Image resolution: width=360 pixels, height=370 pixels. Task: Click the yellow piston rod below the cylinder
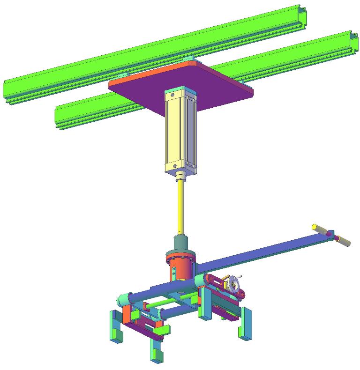(x=181, y=206)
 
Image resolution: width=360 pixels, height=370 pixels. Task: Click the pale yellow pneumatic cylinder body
(x=176, y=131)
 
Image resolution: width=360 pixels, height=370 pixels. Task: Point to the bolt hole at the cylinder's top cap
(x=172, y=95)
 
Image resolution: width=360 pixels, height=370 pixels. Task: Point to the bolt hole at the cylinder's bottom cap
(x=173, y=165)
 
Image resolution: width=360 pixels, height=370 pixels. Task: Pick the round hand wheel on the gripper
(x=233, y=284)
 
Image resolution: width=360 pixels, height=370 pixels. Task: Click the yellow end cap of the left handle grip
(x=315, y=227)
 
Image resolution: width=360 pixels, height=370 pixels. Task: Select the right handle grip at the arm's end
(x=343, y=241)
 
